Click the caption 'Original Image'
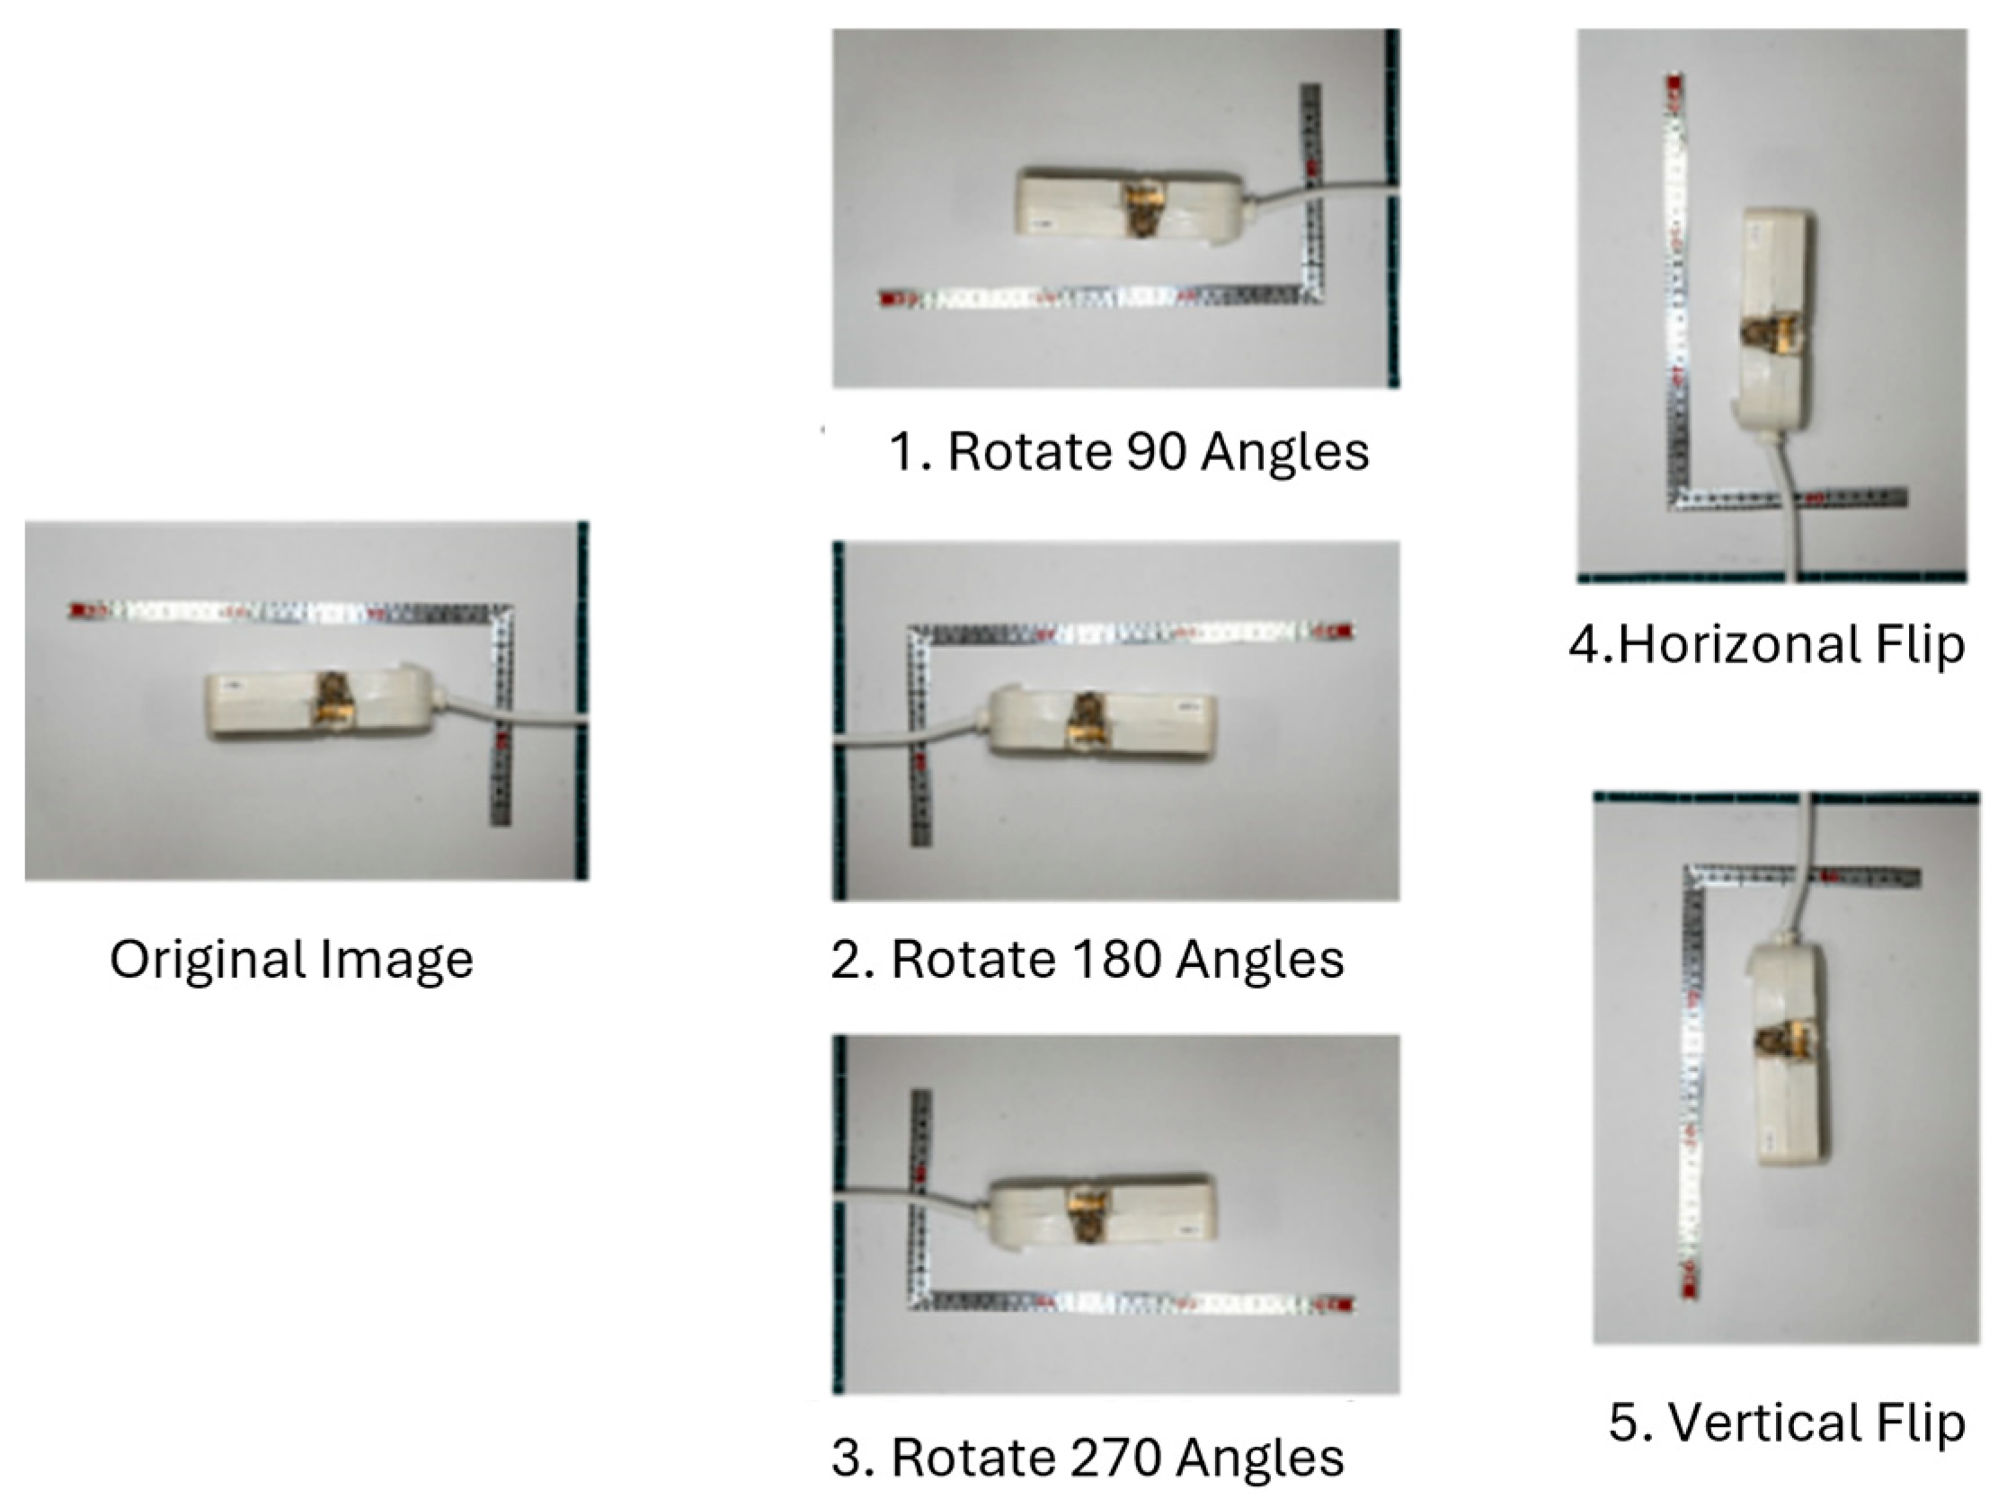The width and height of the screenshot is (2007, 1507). [x=291, y=960]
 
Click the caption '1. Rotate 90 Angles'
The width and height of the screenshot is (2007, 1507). [x=1129, y=451]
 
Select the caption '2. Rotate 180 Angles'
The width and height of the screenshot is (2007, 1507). [x=1087, y=959]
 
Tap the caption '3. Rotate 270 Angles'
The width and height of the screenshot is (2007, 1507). [x=1087, y=1458]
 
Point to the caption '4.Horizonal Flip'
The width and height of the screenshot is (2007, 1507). [x=1766, y=645]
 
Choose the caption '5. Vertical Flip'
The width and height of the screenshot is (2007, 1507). [x=1787, y=1423]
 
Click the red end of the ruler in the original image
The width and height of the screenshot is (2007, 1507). [x=78, y=609]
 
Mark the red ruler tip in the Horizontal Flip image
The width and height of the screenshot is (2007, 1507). [x=1674, y=84]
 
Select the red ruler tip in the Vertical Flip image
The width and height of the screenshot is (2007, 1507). [x=1689, y=1289]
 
